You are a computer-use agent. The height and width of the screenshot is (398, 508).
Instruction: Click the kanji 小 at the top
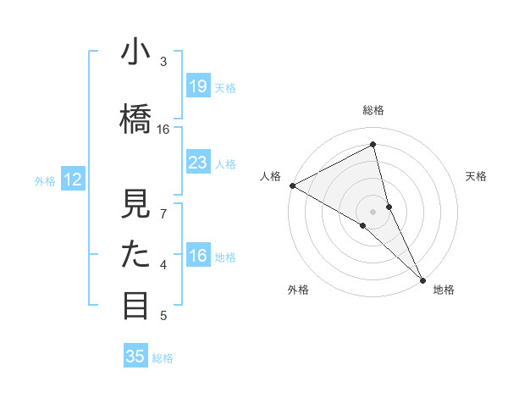136,53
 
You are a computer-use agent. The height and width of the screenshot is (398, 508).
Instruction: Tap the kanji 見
136,204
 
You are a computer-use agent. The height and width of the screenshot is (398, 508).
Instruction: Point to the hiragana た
136,255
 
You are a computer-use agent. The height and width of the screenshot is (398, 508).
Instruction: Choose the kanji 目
136,305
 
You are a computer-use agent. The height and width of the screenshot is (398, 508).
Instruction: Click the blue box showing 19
198,86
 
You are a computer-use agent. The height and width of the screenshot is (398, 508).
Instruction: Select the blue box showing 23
198,163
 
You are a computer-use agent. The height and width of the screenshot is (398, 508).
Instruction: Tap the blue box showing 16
198,256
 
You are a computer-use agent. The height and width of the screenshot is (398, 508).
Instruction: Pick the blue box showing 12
73,180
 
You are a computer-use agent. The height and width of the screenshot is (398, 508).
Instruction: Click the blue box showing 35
135,357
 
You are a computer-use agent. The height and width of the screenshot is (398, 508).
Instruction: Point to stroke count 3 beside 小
163,62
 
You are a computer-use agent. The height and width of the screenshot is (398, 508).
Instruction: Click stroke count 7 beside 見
163,213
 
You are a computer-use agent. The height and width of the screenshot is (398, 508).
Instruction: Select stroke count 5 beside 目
163,316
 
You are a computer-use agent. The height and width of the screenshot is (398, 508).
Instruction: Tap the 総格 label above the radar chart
373,110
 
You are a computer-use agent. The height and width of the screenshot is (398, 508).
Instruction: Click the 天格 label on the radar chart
477,176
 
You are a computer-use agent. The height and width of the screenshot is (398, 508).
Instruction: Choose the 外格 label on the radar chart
297,290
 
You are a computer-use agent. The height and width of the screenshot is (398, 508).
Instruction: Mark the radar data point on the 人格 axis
291,185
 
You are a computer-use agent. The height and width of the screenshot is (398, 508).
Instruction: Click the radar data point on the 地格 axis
422,279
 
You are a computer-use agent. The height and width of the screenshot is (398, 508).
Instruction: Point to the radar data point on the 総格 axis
373,145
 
